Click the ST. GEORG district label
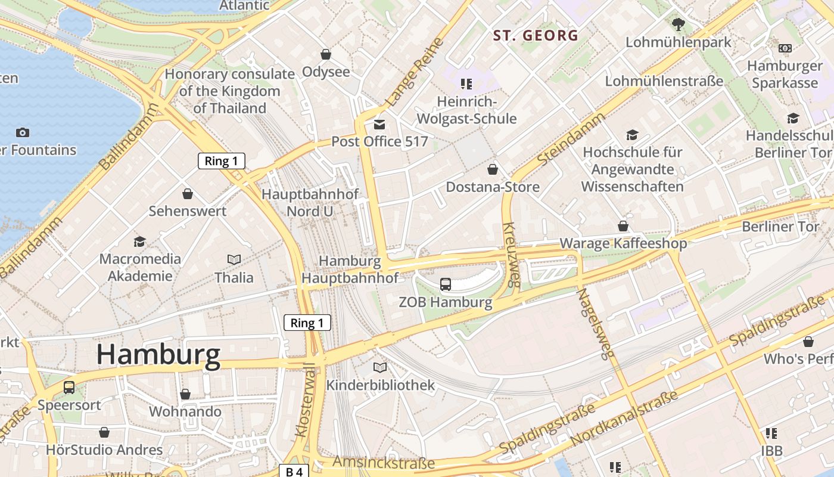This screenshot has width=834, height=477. pos(536,35)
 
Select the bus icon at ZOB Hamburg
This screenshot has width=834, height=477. pos(446,284)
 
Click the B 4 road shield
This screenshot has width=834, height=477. pos(294,472)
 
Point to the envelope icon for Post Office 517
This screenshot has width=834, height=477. pos(379,124)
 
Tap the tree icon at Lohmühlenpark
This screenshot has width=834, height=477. pos(678,24)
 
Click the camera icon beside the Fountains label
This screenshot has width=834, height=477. pos(23,132)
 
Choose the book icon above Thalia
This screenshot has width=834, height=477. pos(234,259)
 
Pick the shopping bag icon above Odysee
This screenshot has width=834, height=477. pos(326,54)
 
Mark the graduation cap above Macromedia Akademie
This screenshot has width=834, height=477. pos(140,241)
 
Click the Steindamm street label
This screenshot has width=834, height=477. pos(571,140)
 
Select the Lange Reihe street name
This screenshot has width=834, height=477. pos(415,73)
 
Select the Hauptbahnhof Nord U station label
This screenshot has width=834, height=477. pos(310,203)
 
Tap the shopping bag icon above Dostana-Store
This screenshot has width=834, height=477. pos(493,170)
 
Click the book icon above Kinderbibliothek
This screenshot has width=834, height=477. pos(380,367)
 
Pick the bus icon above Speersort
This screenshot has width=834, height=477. pos(69,388)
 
